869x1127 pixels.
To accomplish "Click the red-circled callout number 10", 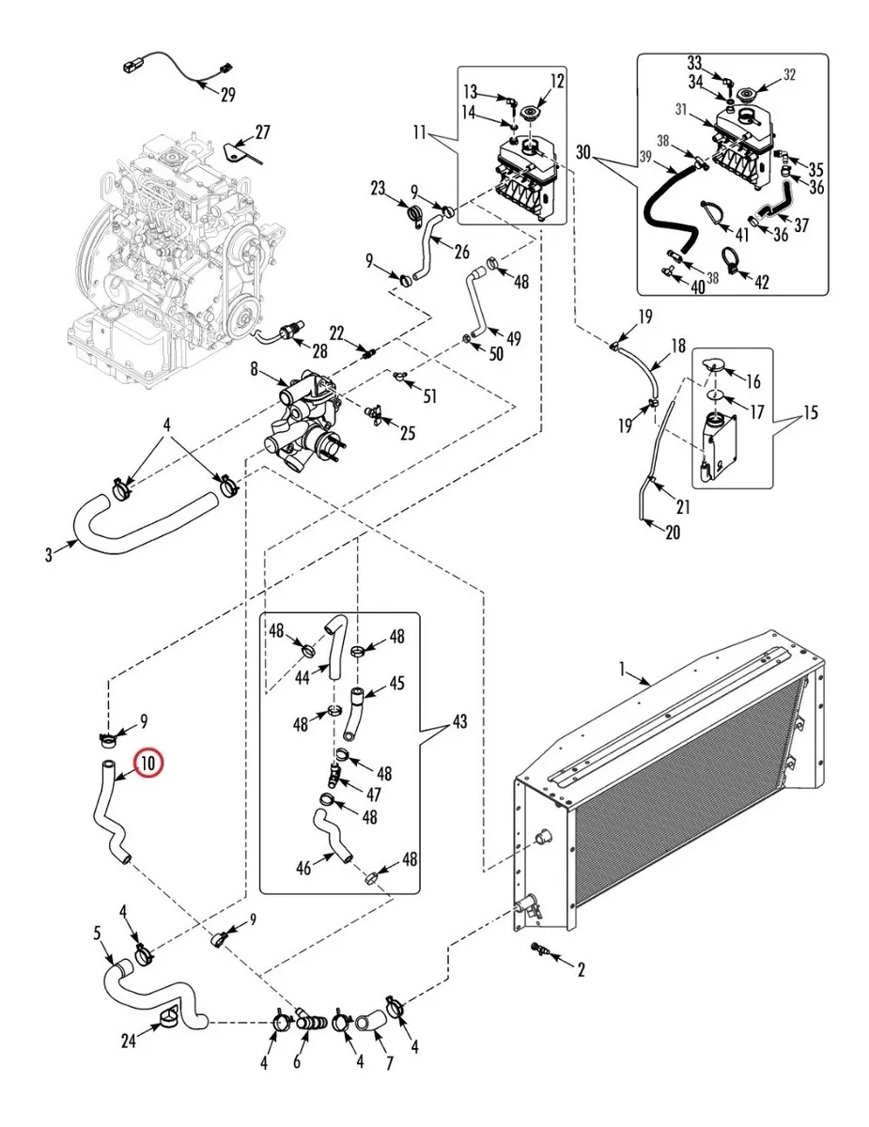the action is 148,763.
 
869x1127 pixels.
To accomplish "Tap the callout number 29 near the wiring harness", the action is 227,95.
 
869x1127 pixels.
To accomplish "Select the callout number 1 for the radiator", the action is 622,670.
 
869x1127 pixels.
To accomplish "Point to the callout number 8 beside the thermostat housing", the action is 254,369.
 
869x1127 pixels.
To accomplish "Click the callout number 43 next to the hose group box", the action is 459,721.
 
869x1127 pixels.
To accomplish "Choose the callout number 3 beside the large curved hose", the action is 49,555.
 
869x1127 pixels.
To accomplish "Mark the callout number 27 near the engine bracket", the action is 263,132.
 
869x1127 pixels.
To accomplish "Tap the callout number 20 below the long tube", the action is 673,533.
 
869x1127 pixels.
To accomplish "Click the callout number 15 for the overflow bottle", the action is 811,413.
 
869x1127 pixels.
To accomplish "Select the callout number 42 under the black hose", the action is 761,282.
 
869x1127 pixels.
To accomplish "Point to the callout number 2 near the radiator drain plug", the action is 581,969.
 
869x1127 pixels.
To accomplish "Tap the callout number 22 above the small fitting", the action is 336,333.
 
